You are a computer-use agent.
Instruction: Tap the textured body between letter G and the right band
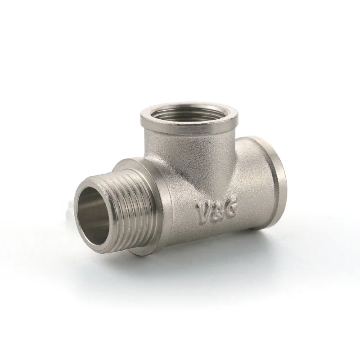coord(245,198)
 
